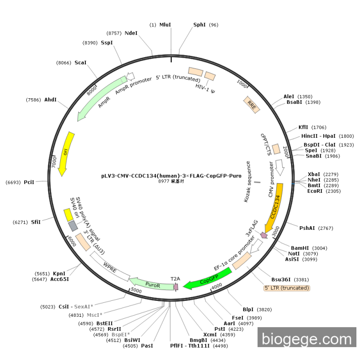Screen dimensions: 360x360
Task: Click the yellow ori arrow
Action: click(65, 154)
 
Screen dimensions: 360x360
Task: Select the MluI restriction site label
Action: click(165, 25)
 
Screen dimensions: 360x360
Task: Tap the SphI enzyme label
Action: click(199, 25)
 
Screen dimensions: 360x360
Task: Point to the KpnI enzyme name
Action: click(59, 274)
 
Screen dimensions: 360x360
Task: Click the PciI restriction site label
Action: click(29, 183)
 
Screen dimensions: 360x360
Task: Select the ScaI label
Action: click(80, 63)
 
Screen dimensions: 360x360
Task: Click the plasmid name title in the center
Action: click(171, 175)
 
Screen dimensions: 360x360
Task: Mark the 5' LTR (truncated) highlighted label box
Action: click(287, 288)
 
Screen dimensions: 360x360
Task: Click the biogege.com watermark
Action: click(307, 339)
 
